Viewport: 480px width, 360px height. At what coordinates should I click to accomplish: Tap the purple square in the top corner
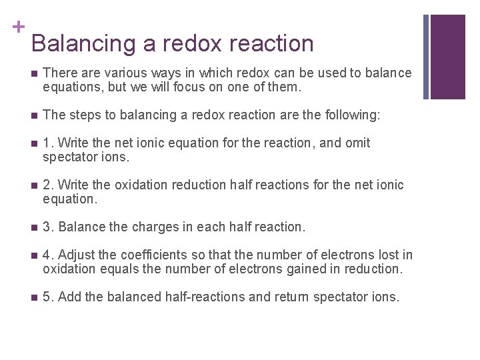point(448,56)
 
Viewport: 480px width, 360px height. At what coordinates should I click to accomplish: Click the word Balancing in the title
point(84,43)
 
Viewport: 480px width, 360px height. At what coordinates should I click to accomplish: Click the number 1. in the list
point(48,143)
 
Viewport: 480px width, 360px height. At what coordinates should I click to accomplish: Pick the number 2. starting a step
point(48,185)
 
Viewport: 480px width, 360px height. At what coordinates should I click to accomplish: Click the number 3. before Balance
point(48,227)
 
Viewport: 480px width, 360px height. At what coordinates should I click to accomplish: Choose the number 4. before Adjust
point(48,255)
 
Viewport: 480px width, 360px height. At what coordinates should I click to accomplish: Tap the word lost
point(385,255)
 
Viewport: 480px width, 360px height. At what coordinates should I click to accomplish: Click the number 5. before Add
point(48,297)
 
